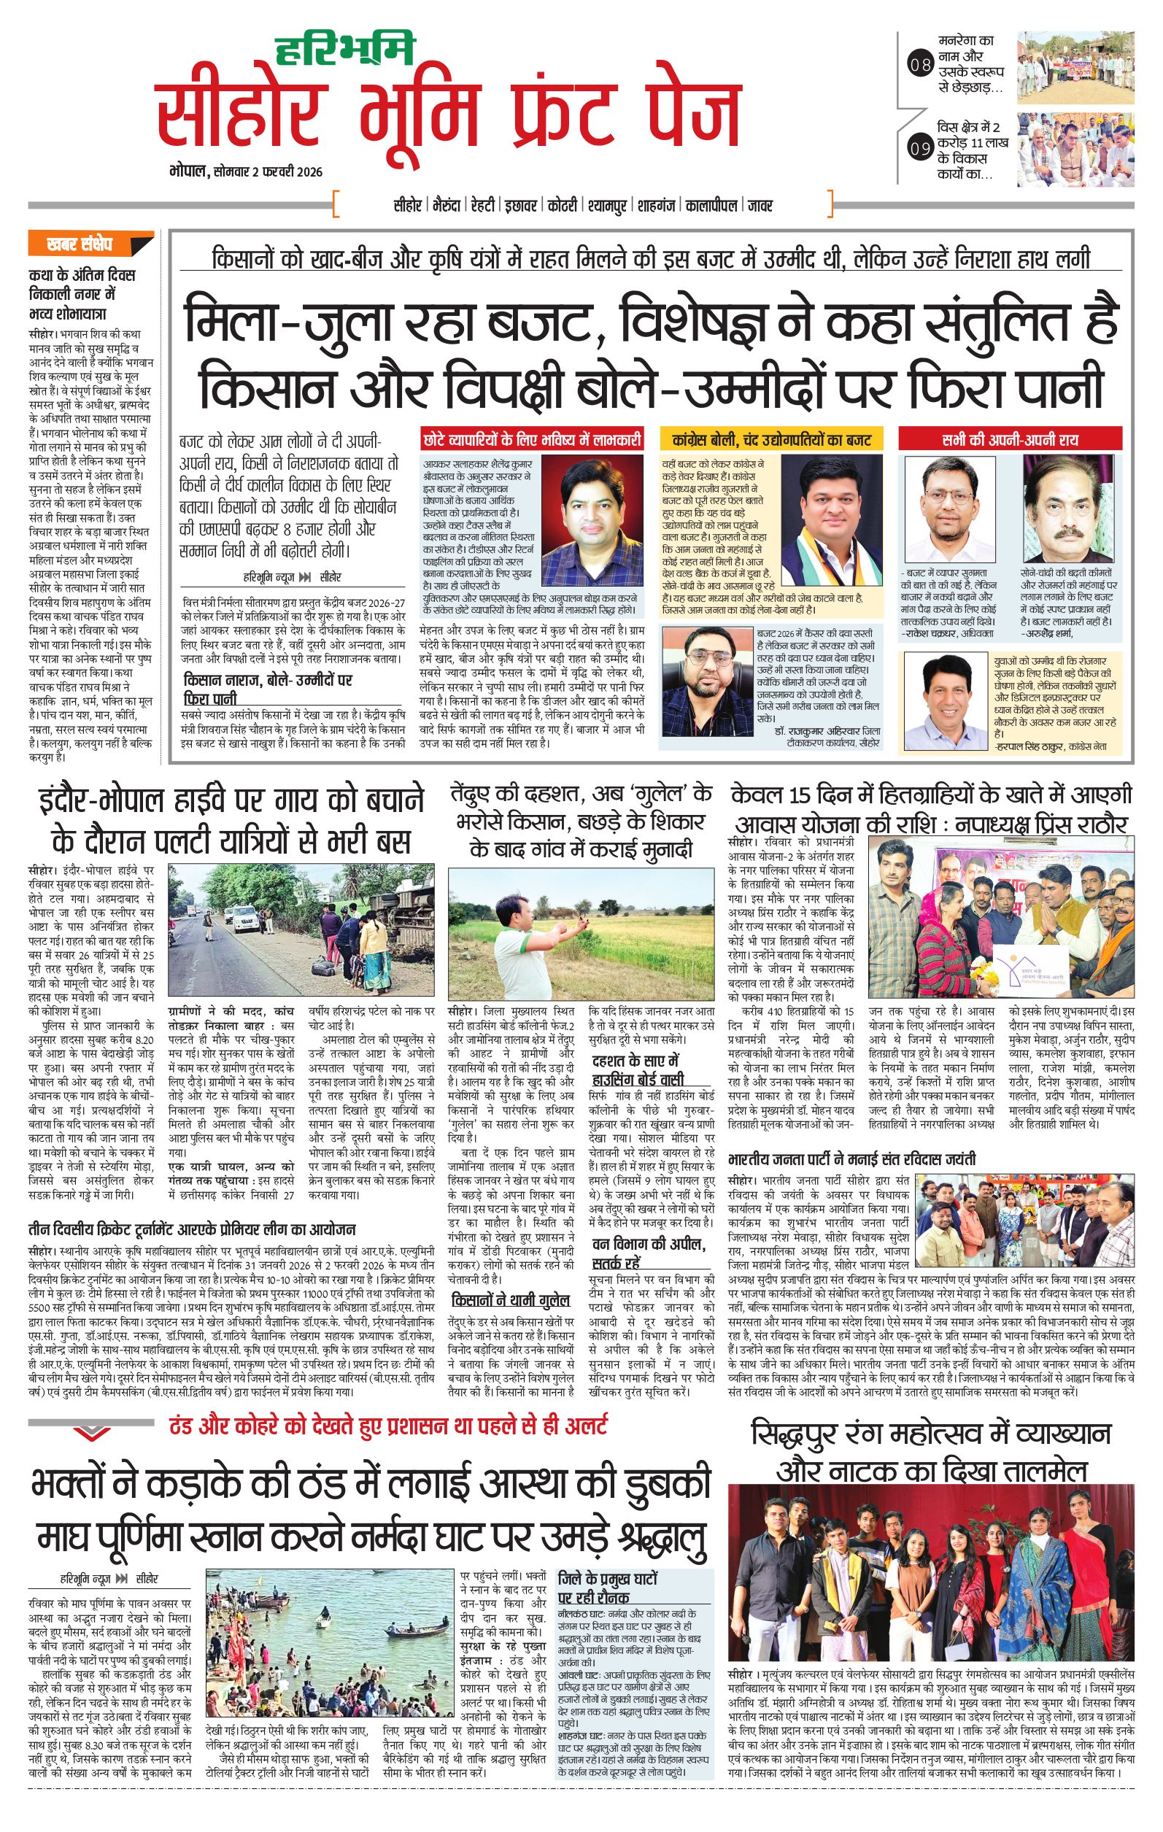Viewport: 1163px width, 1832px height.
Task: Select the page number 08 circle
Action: tap(920, 66)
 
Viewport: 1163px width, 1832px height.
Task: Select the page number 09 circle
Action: tap(920, 148)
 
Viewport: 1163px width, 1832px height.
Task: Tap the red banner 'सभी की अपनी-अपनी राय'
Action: tap(1008, 439)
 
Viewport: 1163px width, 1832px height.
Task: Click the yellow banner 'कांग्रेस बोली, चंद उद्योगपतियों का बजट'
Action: tap(773, 439)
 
